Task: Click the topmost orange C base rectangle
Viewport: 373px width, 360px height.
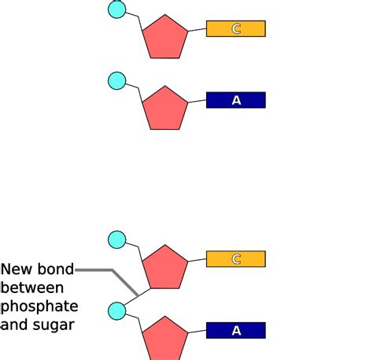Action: coord(236,29)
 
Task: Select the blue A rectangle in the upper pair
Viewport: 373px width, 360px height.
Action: coord(236,100)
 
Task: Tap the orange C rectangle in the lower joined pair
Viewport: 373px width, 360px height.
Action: coord(236,259)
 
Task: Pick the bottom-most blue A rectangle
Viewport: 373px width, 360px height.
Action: coord(236,331)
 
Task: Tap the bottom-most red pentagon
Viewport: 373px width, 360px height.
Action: coord(165,339)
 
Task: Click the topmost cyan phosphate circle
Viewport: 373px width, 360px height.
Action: coord(116,9)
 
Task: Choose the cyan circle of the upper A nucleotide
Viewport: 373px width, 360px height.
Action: coord(116,80)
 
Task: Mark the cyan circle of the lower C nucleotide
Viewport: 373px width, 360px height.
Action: coord(116,239)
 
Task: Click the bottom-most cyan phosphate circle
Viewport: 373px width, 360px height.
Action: coord(116,311)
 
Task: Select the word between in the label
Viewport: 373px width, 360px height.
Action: coord(32,288)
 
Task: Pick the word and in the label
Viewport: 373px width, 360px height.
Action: coord(15,324)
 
